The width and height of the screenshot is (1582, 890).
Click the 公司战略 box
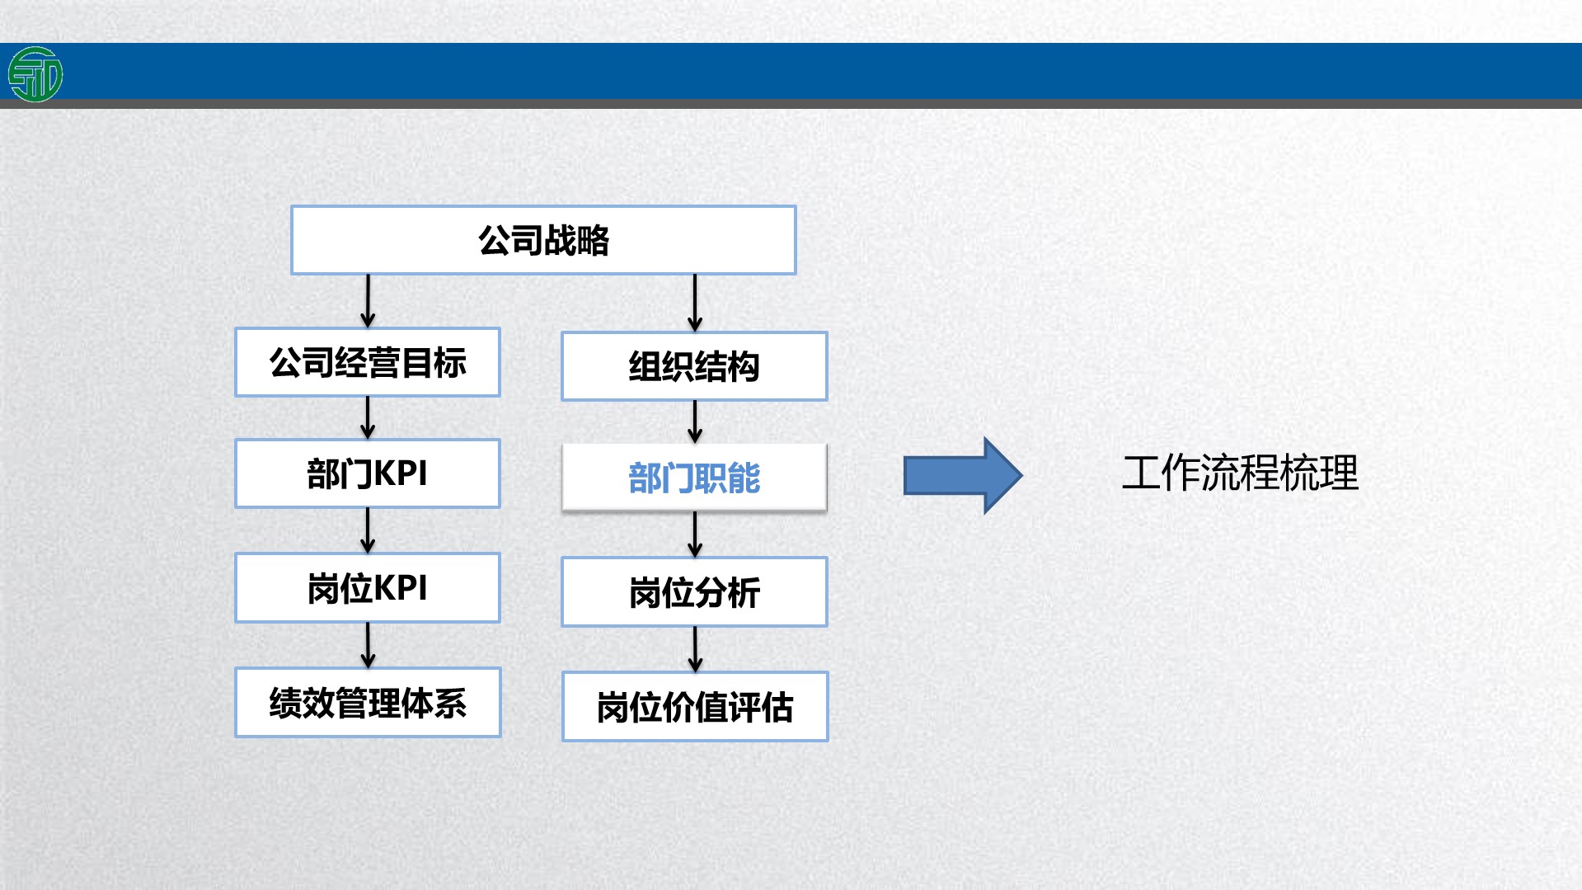click(x=543, y=240)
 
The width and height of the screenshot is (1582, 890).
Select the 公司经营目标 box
click(x=368, y=362)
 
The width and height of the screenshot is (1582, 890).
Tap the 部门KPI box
click(x=368, y=473)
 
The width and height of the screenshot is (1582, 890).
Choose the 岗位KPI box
click(x=368, y=587)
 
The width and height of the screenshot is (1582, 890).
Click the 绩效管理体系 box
click(x=368, y=703)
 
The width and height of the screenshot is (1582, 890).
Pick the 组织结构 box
click(x=694, y=366)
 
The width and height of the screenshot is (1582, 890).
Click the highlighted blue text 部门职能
click(x=694, y=478)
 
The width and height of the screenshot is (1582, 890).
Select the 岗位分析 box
click(x=694, y=592)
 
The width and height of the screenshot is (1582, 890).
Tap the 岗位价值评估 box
click(x=695, y=707)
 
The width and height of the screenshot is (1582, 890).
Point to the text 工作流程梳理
click(x=1240, y=473)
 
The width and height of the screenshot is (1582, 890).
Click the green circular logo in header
click(x=35, y=74)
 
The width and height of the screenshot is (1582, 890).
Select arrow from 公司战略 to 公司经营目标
click(x=368, y=301)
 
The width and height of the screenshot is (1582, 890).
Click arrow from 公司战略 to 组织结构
click(x=695, y=303)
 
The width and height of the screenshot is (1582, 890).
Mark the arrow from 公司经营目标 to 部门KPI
click(x=368, y=417)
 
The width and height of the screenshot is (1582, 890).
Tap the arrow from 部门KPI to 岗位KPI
click(x=368, y=530)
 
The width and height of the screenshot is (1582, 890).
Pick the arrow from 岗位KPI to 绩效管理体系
click(x=368, y=645)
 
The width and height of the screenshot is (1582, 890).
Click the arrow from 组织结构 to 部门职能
click(x=695, y=422)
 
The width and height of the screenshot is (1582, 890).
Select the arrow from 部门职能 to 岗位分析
click(x=695, y=534)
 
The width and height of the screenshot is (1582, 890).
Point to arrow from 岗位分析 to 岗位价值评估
click(x=695, y=649)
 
